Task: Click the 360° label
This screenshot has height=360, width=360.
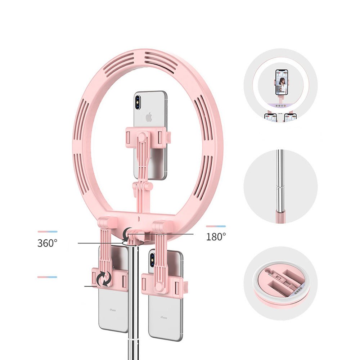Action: click(47, 243)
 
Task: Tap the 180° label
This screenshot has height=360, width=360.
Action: click(216, 237)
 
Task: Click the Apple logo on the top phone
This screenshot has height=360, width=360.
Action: click(148, 117)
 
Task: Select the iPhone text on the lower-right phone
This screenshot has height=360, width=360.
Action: click(164, 318)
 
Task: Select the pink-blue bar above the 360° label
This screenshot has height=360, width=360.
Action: click(47, 231)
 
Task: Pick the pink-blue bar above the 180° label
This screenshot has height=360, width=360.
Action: click(216, 226)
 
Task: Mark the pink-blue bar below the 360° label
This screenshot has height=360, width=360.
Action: click(47, 277)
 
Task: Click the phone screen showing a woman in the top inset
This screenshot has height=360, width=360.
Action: click(282, 82)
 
